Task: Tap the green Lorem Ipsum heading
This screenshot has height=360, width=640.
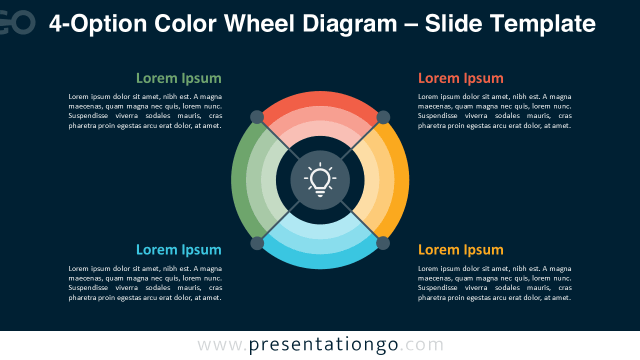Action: [x=178, y=78]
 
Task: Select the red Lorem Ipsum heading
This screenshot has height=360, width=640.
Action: [x=460, y=78]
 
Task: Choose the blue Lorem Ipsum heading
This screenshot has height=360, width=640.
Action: [x=178, y=249]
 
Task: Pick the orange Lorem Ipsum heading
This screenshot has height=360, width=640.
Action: [x=460, y=249]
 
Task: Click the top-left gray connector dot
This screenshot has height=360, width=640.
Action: [x=257, y=117]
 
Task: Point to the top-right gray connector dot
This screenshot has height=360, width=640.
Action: [x=383, y=117]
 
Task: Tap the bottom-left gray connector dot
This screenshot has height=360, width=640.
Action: [x=257, y=243]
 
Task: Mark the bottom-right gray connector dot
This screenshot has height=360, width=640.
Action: [x=383, y=243]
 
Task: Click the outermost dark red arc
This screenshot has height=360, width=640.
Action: [x=320, y=98]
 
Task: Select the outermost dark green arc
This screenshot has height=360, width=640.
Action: [x=238, y=180]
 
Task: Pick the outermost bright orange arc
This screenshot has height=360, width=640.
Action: [x=402, y=180]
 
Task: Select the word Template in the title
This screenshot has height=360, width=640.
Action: [x=542, y=23]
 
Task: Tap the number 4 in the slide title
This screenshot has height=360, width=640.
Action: [x=56, y=23]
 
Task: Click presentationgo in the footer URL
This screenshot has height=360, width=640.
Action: [x=323, y=345]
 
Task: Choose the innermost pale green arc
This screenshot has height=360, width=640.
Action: [x=268, y=180]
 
